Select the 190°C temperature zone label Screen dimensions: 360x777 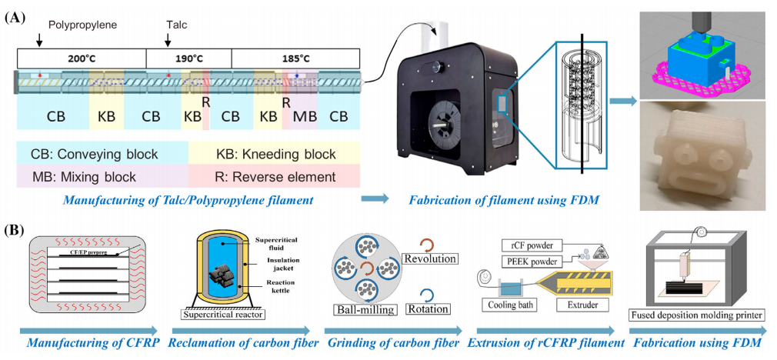(x=188, y=58)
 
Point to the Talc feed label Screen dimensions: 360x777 (x=177, y=25)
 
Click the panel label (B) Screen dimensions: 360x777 (x=18, y=228)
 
